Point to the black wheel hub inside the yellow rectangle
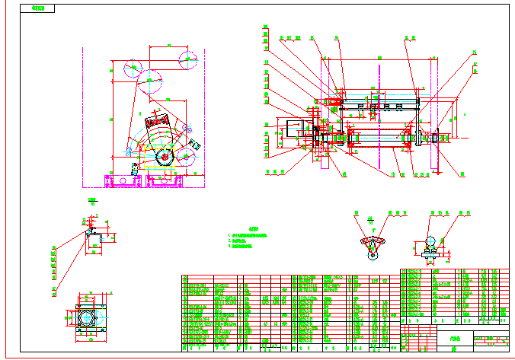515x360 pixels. (x=164, y=157)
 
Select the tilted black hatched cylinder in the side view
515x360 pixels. (x=158, y=123)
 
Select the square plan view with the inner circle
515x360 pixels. (x=88, y=315)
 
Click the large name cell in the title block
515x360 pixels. (x=454, y=340)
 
